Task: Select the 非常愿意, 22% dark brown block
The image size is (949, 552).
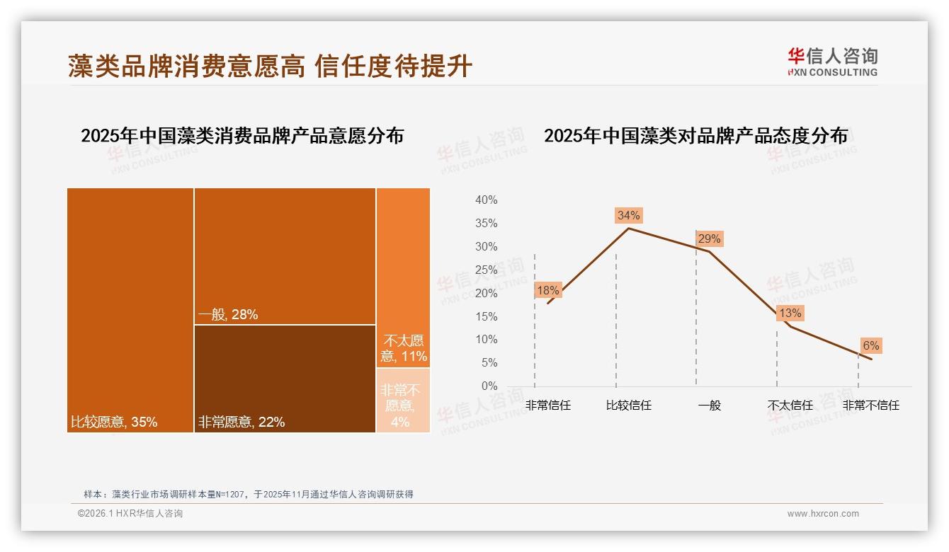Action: coord(285,378)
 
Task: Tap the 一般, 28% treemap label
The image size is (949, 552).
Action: coord(227,315)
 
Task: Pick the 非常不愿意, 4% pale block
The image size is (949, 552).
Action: coord(402,401)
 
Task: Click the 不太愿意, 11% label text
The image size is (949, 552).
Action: coord(404,348)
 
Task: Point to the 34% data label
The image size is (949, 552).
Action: coord(628,215)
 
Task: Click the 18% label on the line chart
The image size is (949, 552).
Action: coord(548,290)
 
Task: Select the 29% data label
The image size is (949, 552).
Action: coord(709,238)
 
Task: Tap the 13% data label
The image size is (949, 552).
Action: coord(790,313)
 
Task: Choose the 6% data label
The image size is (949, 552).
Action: coord(870,345)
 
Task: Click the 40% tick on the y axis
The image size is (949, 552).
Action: coord(486,200)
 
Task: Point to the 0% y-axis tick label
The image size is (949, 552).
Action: coord(489,386)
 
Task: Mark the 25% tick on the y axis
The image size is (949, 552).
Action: coord(486,270)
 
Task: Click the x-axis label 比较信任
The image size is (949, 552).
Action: coord(628,406)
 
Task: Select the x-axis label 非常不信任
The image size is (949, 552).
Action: coord(870,406)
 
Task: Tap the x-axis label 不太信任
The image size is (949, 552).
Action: coord(790,406)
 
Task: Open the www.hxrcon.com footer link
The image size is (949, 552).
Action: coord(823,514)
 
